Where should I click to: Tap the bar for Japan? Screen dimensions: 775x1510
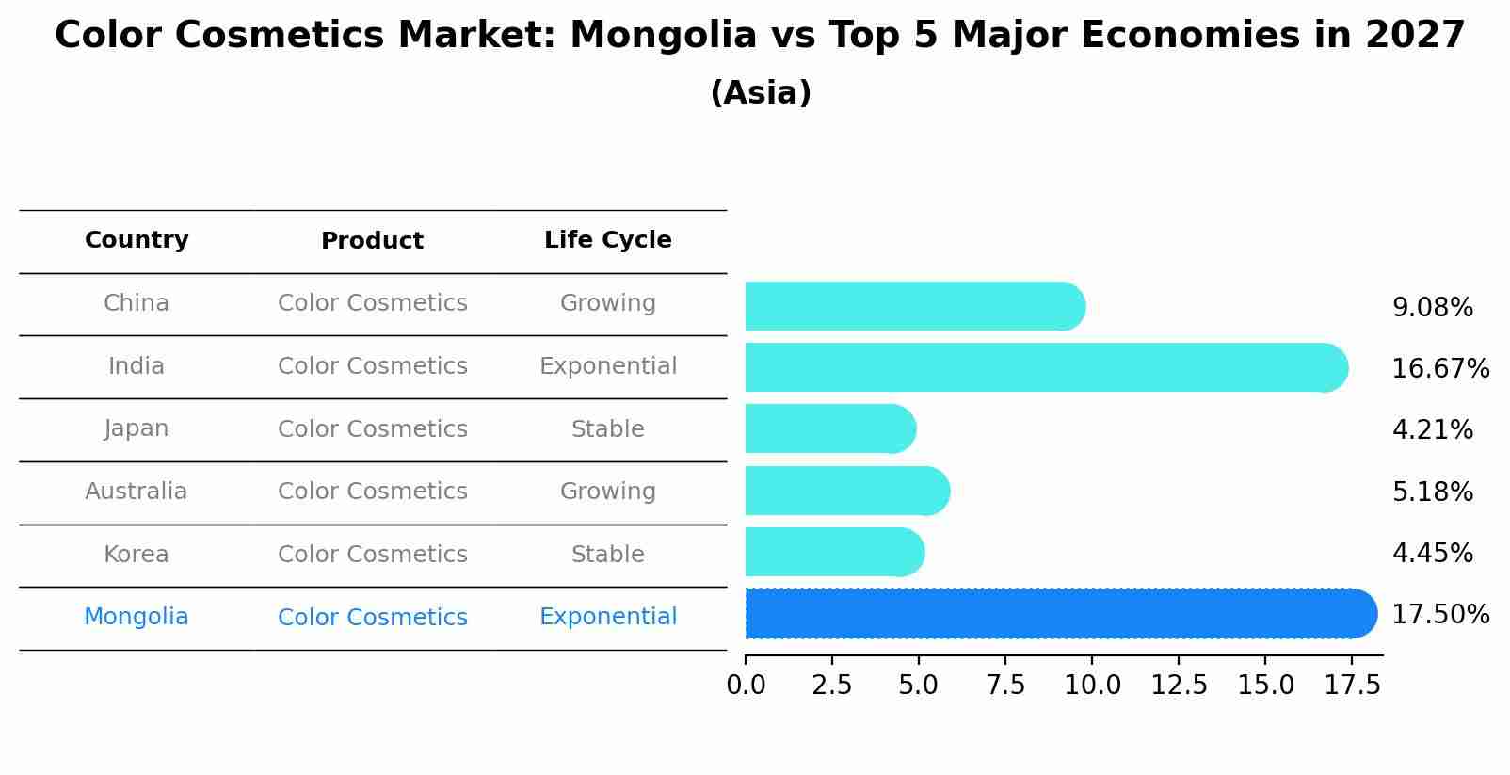point(828,428)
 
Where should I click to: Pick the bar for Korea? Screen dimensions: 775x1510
point(833,552)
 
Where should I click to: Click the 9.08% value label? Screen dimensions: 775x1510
point(1432,308)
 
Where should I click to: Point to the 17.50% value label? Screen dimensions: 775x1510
point(1439,615)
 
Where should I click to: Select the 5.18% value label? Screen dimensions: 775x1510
point(1432,492)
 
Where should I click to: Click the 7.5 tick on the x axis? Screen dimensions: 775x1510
point(1005,686)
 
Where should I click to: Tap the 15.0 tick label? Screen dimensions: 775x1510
point(1265,686)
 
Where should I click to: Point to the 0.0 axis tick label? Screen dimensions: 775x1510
point(746,686)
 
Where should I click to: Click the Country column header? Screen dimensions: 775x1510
point(137,240)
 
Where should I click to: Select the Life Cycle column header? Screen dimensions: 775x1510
point(607,240)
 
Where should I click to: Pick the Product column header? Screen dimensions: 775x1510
point(372,241)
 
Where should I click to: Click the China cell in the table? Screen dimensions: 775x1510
point(137,303)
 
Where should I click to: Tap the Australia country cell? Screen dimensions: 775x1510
point(137,492)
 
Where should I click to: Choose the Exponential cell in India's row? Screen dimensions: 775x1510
point(607,366)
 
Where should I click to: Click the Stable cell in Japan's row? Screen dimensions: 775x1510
point(607,429)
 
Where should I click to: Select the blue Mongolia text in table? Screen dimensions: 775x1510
point(137,617)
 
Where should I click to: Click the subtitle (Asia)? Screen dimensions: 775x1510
point(761,93)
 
